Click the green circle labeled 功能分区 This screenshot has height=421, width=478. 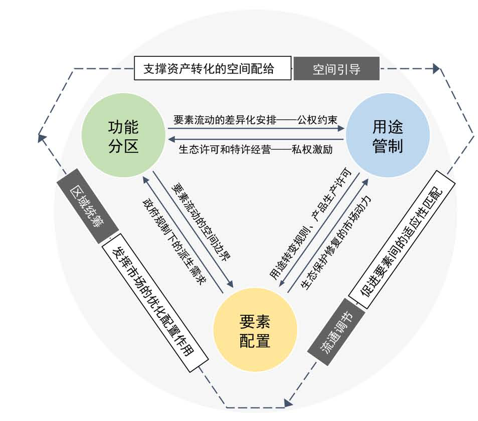pyautogui.click(x=124, y=137)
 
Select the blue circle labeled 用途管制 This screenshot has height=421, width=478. pyautogui.click(x=388, y=136)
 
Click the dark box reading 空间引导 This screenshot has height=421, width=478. pyautogui.click(x=336, y=68)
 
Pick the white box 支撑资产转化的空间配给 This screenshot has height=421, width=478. pyautogui.click(x=213, y=68)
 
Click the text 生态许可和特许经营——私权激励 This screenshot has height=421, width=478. pyautogui.click(x=255, y=150)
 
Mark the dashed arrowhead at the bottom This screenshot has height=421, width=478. pyautogui.click(x=289, y=402)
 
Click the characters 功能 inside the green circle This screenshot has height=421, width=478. pyautogui.click(x=124, y=126)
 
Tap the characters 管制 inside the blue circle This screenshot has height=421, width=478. pyautogui.click(x=388, y=146)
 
